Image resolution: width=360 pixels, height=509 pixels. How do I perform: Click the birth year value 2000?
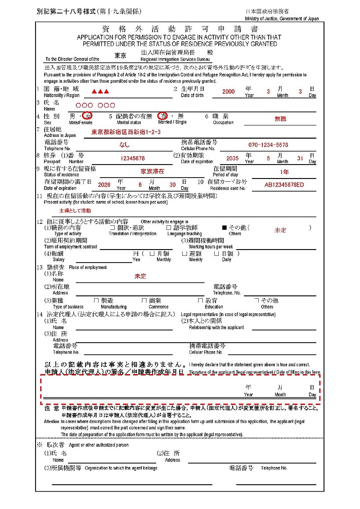(x=228, y=91)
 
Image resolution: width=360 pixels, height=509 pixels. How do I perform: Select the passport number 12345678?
(x=132, y=158)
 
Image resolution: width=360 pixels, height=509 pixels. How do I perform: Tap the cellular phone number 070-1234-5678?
(x=268, y=145)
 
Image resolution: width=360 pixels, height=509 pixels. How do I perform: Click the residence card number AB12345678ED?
(x=284, y=184)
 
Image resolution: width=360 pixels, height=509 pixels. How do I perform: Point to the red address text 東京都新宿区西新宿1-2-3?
(x=126, y=132)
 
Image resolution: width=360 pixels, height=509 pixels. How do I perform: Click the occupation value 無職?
(x=281, y=119)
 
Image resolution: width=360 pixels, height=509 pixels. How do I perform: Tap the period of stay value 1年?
(x=284, y=172)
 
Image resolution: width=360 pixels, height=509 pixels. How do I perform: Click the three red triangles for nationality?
(x=99, y=92)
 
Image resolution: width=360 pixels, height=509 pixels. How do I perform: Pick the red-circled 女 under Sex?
(x=89, y=116)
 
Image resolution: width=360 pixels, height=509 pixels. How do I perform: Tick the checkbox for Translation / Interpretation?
(x=112, y=228)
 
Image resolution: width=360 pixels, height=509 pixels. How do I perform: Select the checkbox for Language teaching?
(x=169, y=228)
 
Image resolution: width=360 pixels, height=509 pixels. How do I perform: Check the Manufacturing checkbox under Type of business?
(x=96, y=300)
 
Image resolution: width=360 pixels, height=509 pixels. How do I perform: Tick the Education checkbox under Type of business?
(x=201, y=300)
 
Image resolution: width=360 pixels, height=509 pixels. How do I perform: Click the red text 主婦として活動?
(x=75, y=210)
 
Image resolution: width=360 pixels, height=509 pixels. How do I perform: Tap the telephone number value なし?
(x=124, y=145)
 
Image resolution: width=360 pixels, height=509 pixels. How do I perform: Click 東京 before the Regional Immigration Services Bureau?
(x=120, y=56)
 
